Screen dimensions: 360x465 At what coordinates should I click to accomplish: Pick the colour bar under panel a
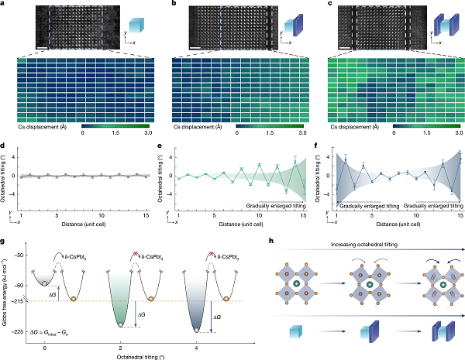115,124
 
